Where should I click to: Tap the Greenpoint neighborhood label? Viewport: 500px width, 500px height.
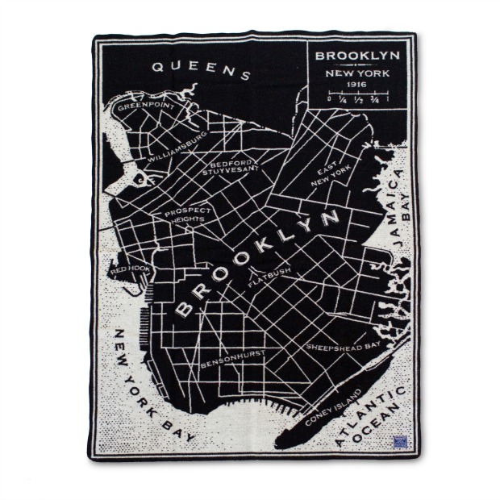144,105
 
